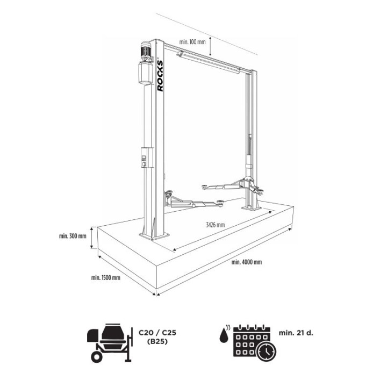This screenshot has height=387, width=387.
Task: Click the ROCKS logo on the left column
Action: pos(160,76)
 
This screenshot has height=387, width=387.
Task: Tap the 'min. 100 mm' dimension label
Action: pos(192,42)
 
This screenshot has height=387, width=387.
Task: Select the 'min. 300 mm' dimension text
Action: pos(73,236)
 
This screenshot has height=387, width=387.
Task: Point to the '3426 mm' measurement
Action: pos(216,225)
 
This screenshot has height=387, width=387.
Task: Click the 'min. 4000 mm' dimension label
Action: pos(247,262)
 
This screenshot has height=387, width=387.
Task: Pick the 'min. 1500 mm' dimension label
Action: pos(106,278)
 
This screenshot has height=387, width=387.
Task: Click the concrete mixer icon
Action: pos(110,342)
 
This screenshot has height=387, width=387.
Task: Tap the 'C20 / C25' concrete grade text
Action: pos(157,333)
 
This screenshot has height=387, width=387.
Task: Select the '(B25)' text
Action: pos(157,342)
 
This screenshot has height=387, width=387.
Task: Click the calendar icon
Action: pos(254,343)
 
